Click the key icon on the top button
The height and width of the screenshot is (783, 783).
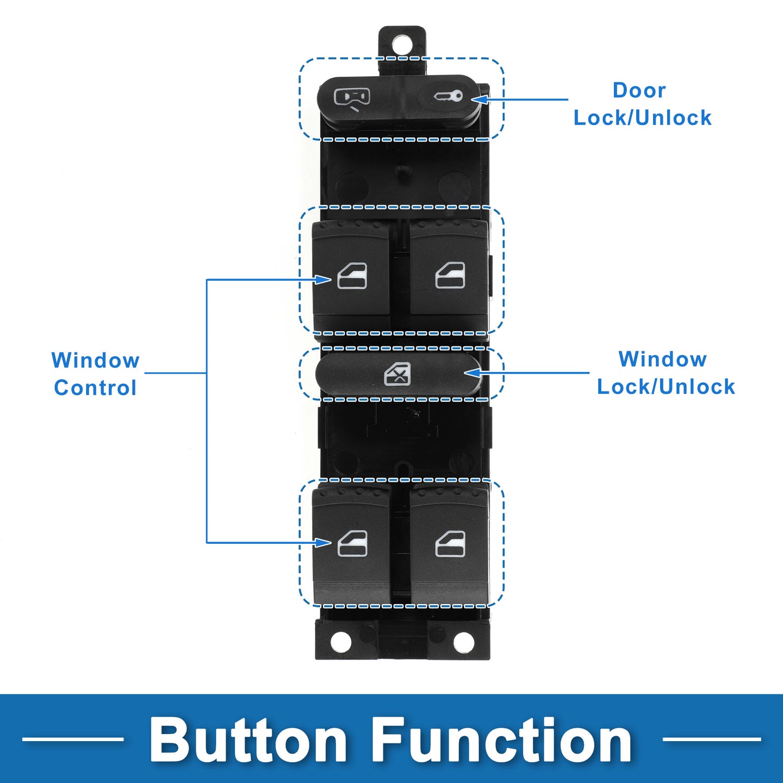pyautogui.click(x=448, y=96)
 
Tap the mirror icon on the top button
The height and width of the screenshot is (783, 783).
pyautogui.click(x=352, y=99)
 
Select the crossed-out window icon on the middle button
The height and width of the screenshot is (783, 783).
pyautogui.click(x=397, y=374)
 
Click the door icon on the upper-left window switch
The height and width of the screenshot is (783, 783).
pyautogui.click(x=352, y=276)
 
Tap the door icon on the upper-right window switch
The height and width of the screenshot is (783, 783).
pyautogui.click(x=450, y=275)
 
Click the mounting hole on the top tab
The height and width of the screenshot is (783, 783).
pyautogui.click(x=401, y=45)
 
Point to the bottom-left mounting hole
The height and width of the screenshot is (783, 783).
pyautogui.click(x=341, y=642)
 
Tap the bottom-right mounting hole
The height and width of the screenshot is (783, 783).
pyautogui.click(x=464, y=642)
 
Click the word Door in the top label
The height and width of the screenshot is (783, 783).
pyautogui.click(x=639, y=90)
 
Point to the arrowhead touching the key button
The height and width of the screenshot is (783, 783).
pyautogui.click(x=479, y=99)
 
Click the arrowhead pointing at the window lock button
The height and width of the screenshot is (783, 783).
pyautogui.click(x=472, y=372)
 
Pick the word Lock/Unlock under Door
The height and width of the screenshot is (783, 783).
pyautogui.click(x=642, y=117)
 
